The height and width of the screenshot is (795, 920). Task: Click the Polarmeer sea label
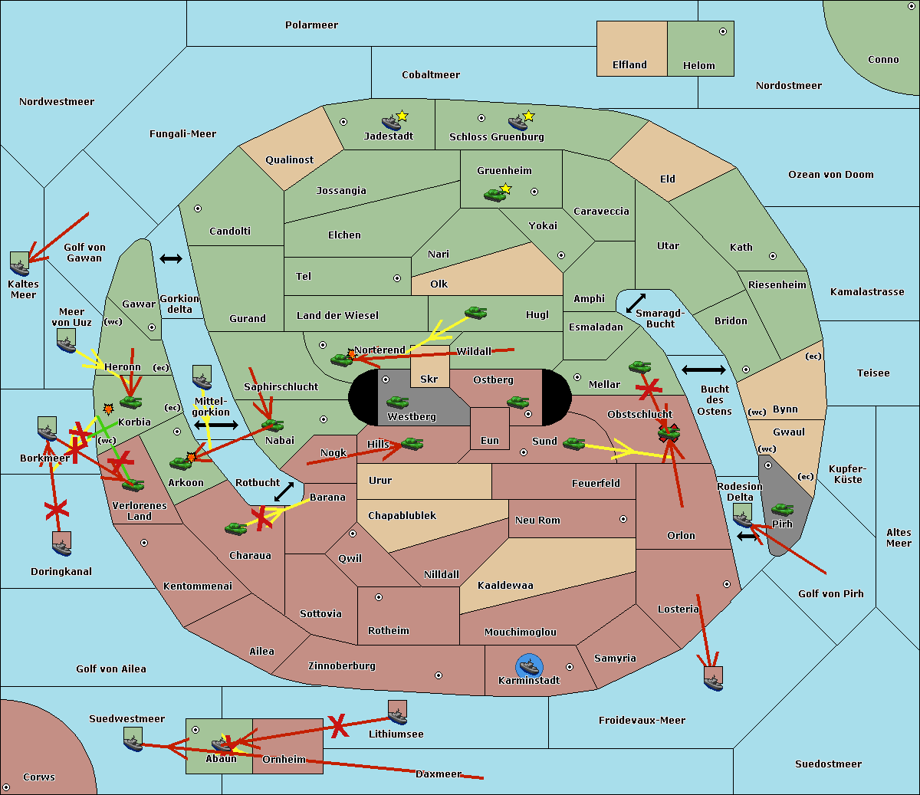311,25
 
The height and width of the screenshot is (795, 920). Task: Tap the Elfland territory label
629,65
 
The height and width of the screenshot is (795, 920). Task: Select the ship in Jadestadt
392,123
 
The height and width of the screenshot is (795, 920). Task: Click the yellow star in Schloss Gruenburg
528,117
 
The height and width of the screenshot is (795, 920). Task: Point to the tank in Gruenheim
495,195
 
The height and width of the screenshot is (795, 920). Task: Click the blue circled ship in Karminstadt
528,666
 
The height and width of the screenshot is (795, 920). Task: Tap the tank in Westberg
397,402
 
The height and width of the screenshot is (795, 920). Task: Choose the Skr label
429,379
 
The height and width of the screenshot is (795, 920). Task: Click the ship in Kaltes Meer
20,264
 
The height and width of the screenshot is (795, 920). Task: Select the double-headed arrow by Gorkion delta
170,259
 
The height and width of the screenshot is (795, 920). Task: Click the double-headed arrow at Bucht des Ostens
703,370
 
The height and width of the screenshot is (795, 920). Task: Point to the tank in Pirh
782,510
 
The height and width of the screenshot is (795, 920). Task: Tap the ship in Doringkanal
62,544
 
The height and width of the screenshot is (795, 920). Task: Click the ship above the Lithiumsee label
397,713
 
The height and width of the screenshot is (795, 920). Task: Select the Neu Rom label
537,520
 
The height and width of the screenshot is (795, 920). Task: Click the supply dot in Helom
722,31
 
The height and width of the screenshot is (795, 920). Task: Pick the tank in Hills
412,443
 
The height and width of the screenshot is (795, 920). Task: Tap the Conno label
883,60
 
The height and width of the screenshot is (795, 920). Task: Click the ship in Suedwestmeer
133,740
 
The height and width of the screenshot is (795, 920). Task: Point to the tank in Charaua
235,528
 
